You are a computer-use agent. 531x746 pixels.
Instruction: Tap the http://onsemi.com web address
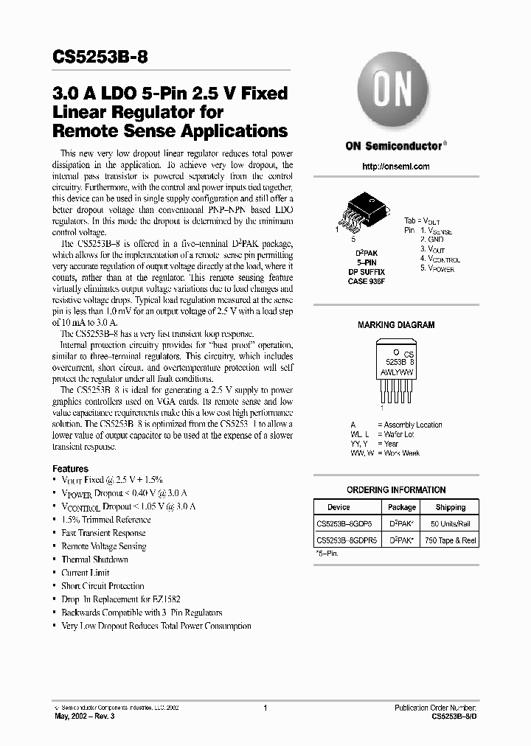(x=396, y=167)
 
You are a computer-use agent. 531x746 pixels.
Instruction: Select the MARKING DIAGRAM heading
(x=396, y=325)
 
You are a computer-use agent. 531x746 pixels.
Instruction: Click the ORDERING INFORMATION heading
(x=396, y=489)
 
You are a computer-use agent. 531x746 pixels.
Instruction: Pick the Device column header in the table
(x=339, y=507)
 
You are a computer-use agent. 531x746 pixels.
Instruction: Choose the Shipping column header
(x=450, y=507)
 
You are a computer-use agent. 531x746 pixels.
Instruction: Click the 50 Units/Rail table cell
(x=450, y=523)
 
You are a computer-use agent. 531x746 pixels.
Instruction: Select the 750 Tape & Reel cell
(x=450, y=540)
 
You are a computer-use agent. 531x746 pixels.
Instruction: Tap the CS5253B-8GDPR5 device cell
(x=347, y=540)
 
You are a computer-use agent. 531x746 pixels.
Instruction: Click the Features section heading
(x=70, y=469)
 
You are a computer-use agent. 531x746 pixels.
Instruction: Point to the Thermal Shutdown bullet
(x=94, y=559)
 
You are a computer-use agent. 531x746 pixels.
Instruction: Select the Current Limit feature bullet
(x=86, y=573)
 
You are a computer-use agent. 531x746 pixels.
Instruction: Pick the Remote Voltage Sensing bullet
(x=103, y=546)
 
